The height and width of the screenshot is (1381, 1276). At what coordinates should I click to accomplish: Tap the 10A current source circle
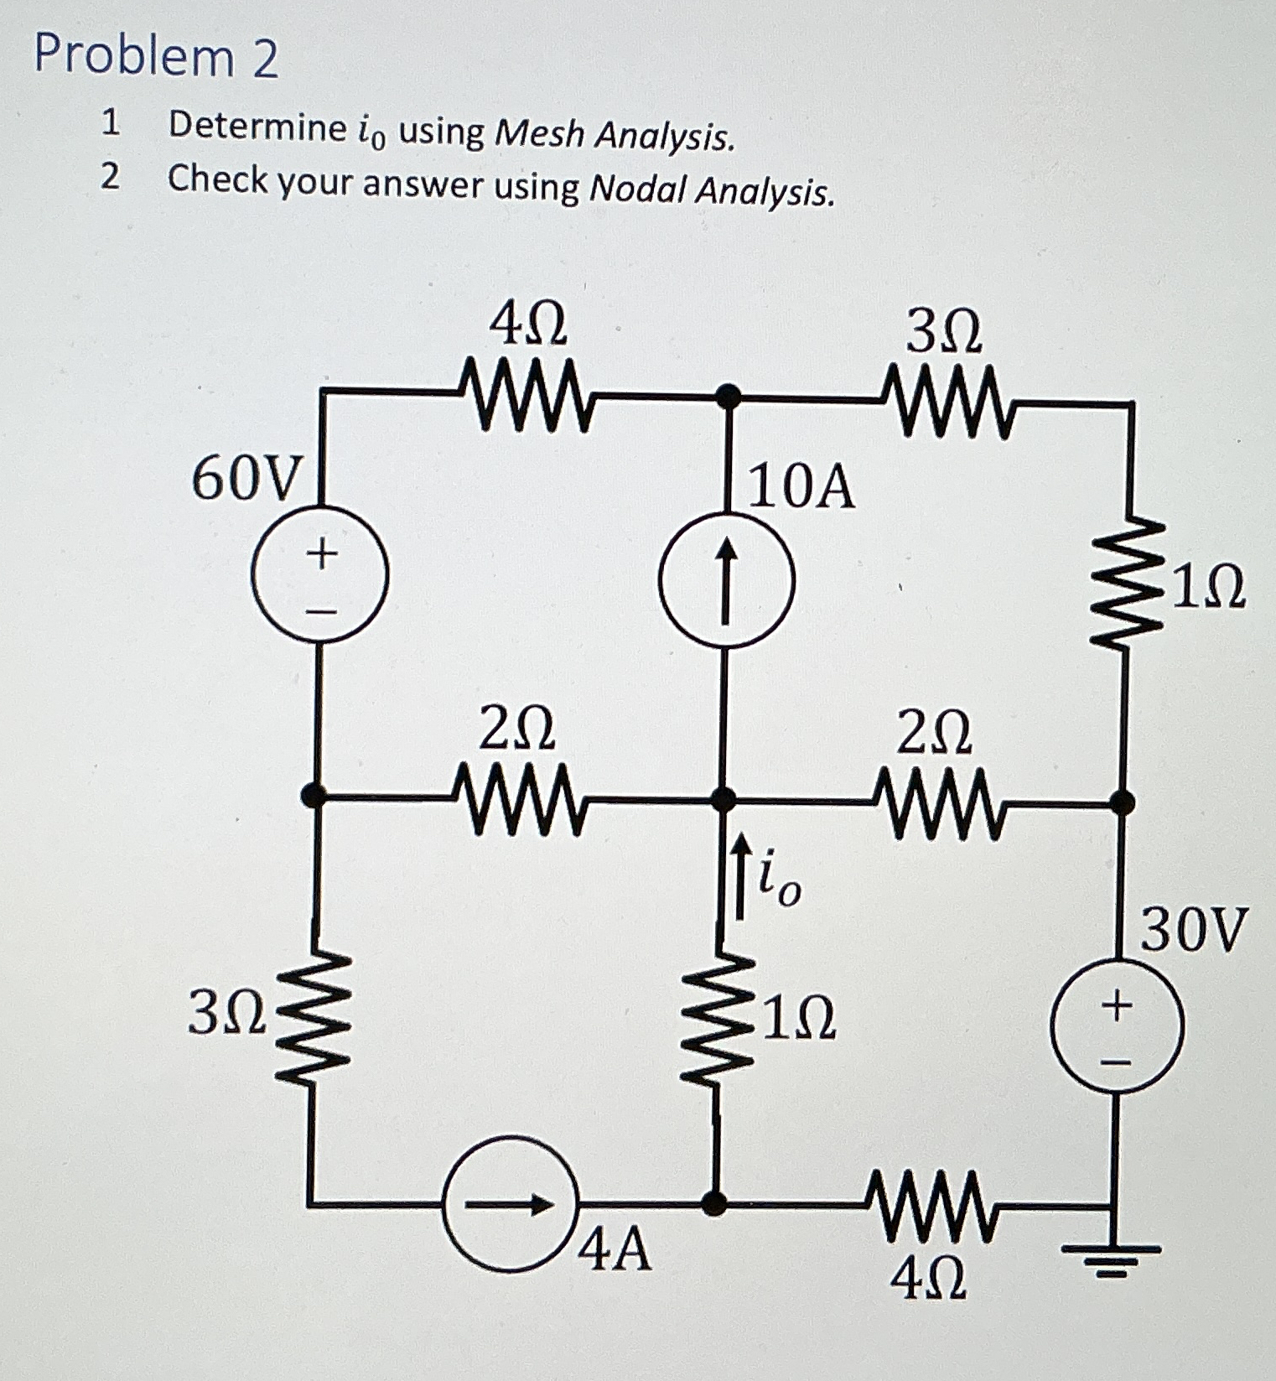(727, 579)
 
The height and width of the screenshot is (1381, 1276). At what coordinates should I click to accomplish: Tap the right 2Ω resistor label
(934, 731)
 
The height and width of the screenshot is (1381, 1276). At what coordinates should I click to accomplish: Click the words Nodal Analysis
(712, 191)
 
